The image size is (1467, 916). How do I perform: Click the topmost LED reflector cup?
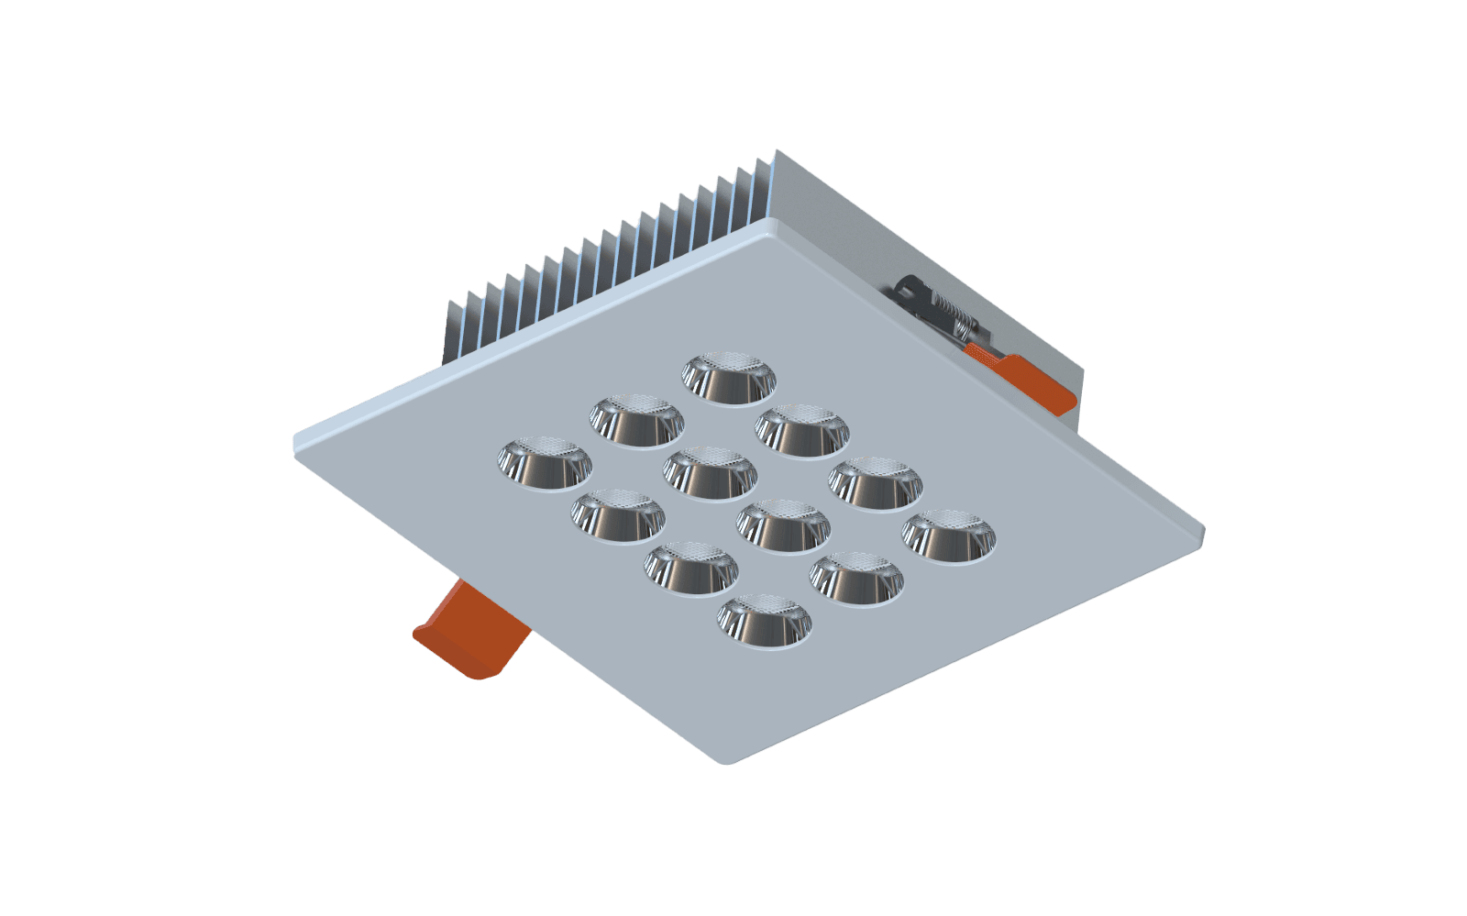coord(729,378)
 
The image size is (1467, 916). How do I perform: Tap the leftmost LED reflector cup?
coord(545,463)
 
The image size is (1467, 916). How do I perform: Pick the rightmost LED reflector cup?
coord(950,535)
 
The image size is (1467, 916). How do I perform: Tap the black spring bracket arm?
coord(911,291)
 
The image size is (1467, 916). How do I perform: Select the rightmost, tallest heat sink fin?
coord(767,193)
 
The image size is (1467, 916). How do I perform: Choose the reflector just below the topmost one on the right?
coord(802,430)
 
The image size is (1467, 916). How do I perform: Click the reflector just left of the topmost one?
coord(637,421)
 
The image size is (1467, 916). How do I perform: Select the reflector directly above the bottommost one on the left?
coord(691,568)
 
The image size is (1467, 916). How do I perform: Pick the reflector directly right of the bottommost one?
coord(856,578)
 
